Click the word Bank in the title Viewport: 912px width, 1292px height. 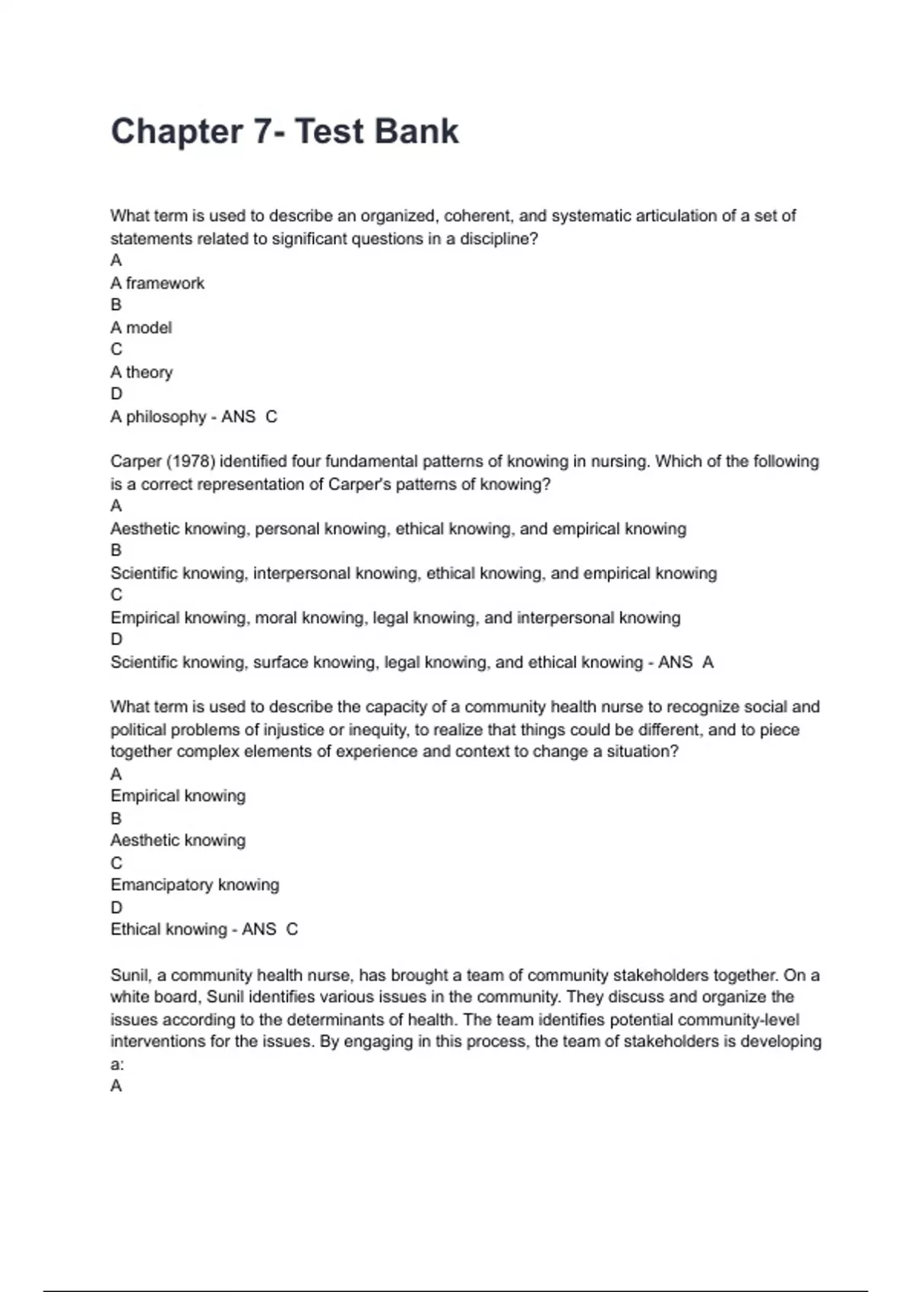tap(416, 131)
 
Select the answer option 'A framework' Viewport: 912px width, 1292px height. tap(157, 283)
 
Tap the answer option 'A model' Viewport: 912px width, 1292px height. tap(141, 328)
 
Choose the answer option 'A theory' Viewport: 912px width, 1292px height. tap(142, 372)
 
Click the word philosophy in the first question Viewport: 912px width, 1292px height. tap(166, 416)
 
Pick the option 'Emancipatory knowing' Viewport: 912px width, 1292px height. tap(195, 885)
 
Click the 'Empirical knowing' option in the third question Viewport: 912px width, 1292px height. tap(178, 796)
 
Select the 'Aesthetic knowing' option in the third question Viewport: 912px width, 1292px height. tap(178, 841)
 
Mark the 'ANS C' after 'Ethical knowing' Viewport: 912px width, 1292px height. tap(270, 929)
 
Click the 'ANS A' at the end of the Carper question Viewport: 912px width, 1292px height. tap(686, 663)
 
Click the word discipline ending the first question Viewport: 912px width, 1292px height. tap(498, 239)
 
